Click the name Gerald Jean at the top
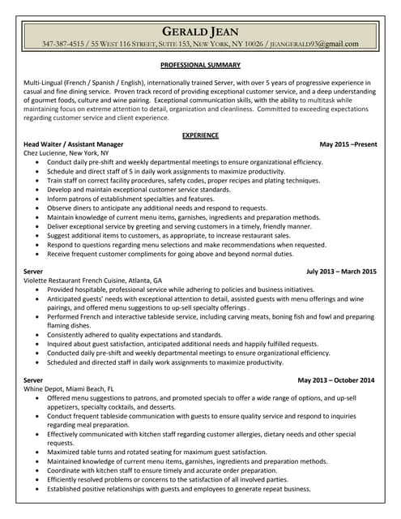click(200, 32)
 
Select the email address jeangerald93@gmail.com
click(314, 44)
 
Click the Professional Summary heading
click(200, 64)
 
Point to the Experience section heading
click(200, 134)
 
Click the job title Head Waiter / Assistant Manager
click(74, 144)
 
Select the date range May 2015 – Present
click(348, 144)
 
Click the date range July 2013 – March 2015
click(341, 271)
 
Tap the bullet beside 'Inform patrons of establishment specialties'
click(39, 199)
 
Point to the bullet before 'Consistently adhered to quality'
click(39, 334)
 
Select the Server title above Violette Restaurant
click(33, 271)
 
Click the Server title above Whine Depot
click(33, 380)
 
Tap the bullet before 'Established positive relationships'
click(39, 489)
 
